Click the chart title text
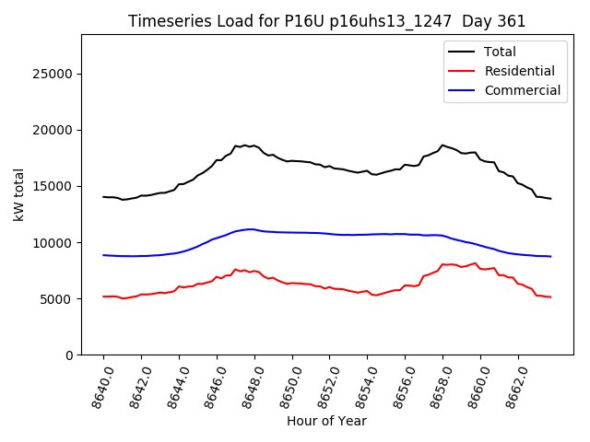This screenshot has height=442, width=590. (x=326, y=21)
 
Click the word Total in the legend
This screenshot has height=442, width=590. (x=501, y=52)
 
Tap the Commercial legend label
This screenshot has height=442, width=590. (x=522, y=90)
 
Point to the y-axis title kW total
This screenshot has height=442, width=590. (x=18, y=194)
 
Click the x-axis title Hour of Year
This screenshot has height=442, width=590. (x=326, y=421)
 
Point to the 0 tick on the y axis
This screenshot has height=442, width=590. (x=69, y=355)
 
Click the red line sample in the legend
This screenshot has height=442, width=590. (x=462, y=71)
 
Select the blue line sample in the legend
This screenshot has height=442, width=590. (x=462, y=90)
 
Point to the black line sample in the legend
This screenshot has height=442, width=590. (x=462, y=52)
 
